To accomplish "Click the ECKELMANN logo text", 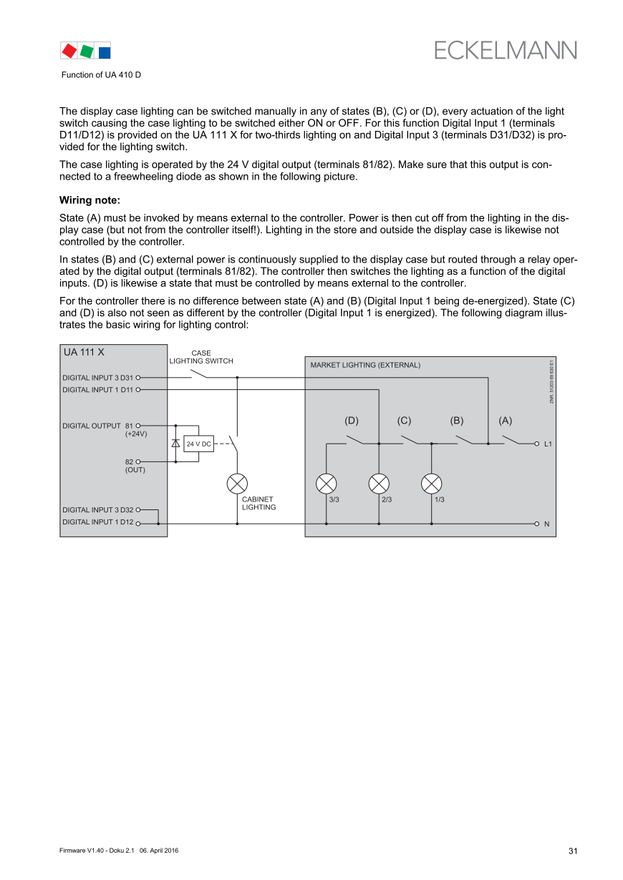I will [505, 51].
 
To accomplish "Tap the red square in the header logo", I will [69, 51].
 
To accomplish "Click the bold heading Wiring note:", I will [90, 200].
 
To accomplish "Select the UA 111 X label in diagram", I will [84, 352].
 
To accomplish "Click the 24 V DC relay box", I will [198, 444].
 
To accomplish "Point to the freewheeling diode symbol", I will [175, 444].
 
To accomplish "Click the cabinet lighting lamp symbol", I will [237, 484].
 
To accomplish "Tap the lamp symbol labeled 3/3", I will [327, 484].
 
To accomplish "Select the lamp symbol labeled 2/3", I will [379, 484].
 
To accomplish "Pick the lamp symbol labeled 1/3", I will [431, 484].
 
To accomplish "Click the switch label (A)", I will [506, 421].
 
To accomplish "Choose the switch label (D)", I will [352, 421].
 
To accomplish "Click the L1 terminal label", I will [548, 444].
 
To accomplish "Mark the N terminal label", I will [547, 524].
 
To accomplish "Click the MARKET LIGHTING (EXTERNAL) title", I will [365, 365].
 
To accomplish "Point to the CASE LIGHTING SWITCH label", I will [201, 357].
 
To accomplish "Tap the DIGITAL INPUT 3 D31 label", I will [97, 378].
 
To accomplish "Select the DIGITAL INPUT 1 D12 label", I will [97, 522].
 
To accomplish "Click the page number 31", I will [573, 851].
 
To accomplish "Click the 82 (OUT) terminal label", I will [135, 466].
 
